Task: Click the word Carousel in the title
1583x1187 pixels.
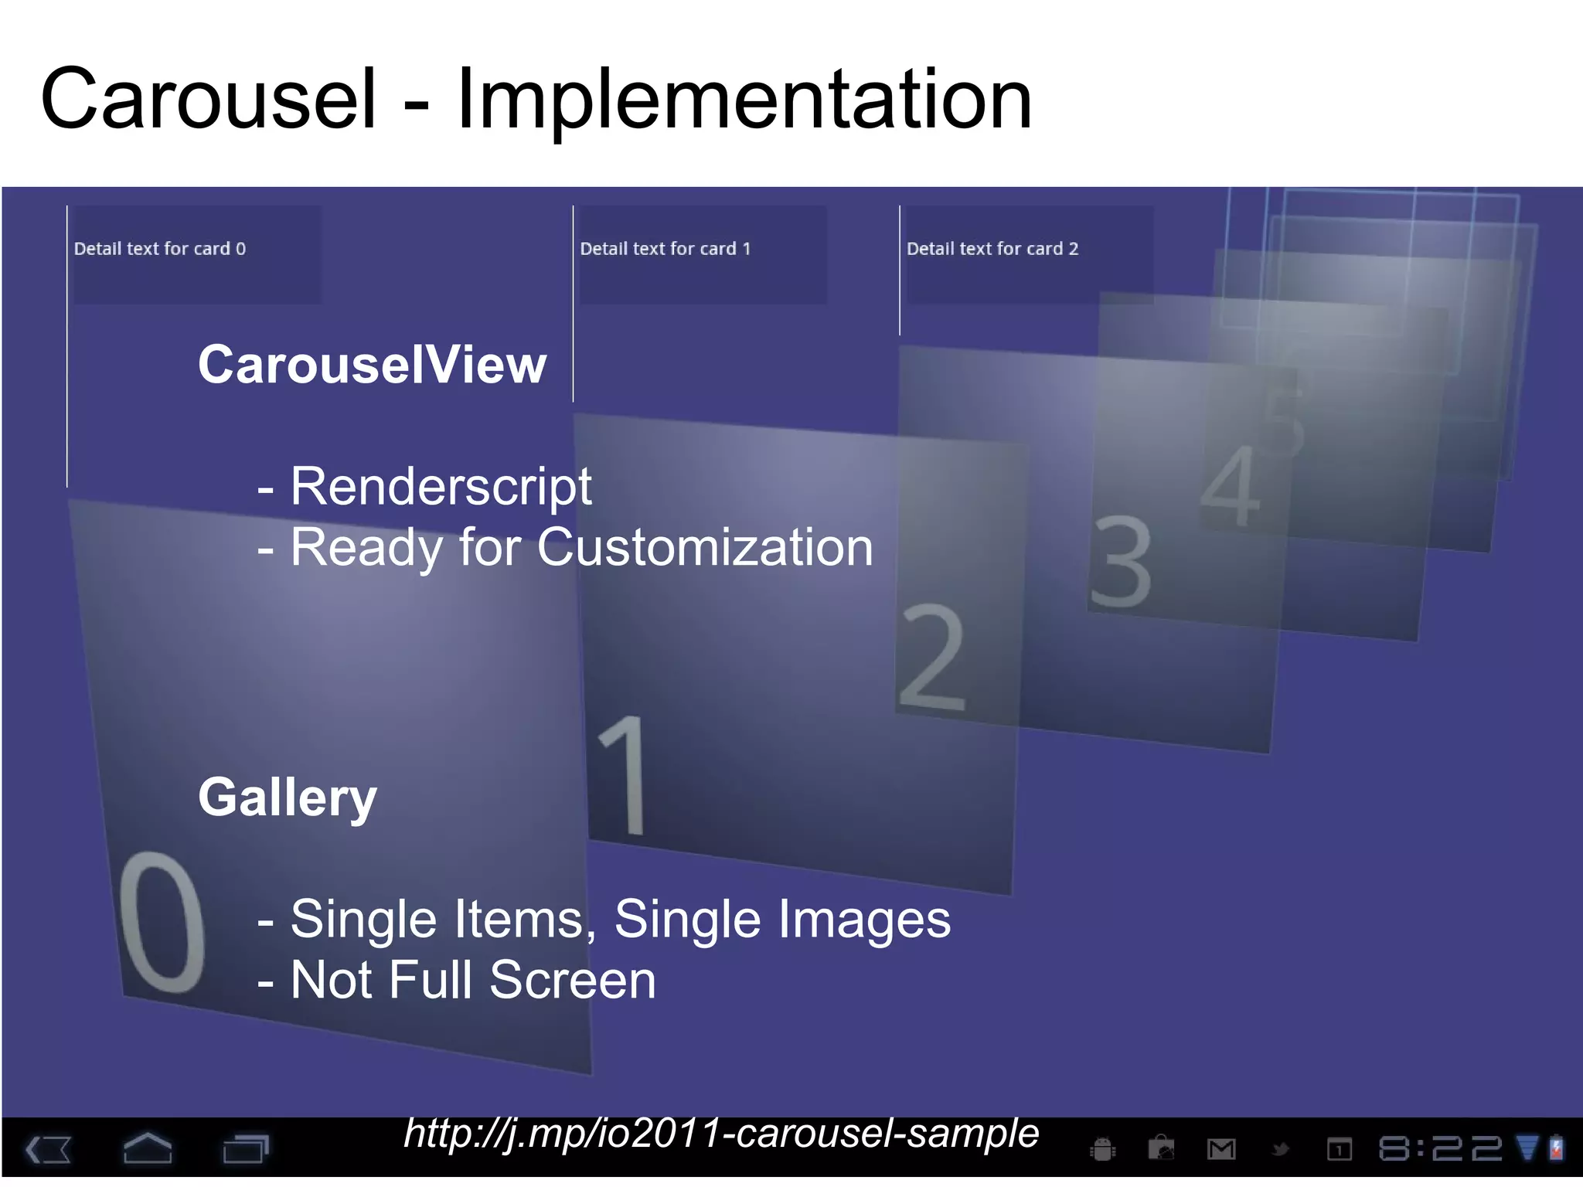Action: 209,99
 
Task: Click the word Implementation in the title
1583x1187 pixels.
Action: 744,99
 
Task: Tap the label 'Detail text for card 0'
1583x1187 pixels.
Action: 160,249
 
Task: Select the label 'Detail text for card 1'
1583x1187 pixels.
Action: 666,249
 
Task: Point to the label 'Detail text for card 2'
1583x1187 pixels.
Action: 992,249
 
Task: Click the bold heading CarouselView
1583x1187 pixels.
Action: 372,365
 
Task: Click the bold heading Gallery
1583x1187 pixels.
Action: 288,798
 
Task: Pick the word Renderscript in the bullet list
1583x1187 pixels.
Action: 441,487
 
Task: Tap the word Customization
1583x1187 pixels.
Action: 705,547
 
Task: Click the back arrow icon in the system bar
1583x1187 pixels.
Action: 49,1149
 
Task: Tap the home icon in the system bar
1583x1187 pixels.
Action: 148,1148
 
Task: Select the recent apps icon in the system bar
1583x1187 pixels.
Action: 245,1148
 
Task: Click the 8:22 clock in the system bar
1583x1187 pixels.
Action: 1440,1149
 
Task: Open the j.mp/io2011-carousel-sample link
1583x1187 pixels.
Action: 721,1134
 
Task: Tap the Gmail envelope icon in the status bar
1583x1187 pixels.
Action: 1221,1150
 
